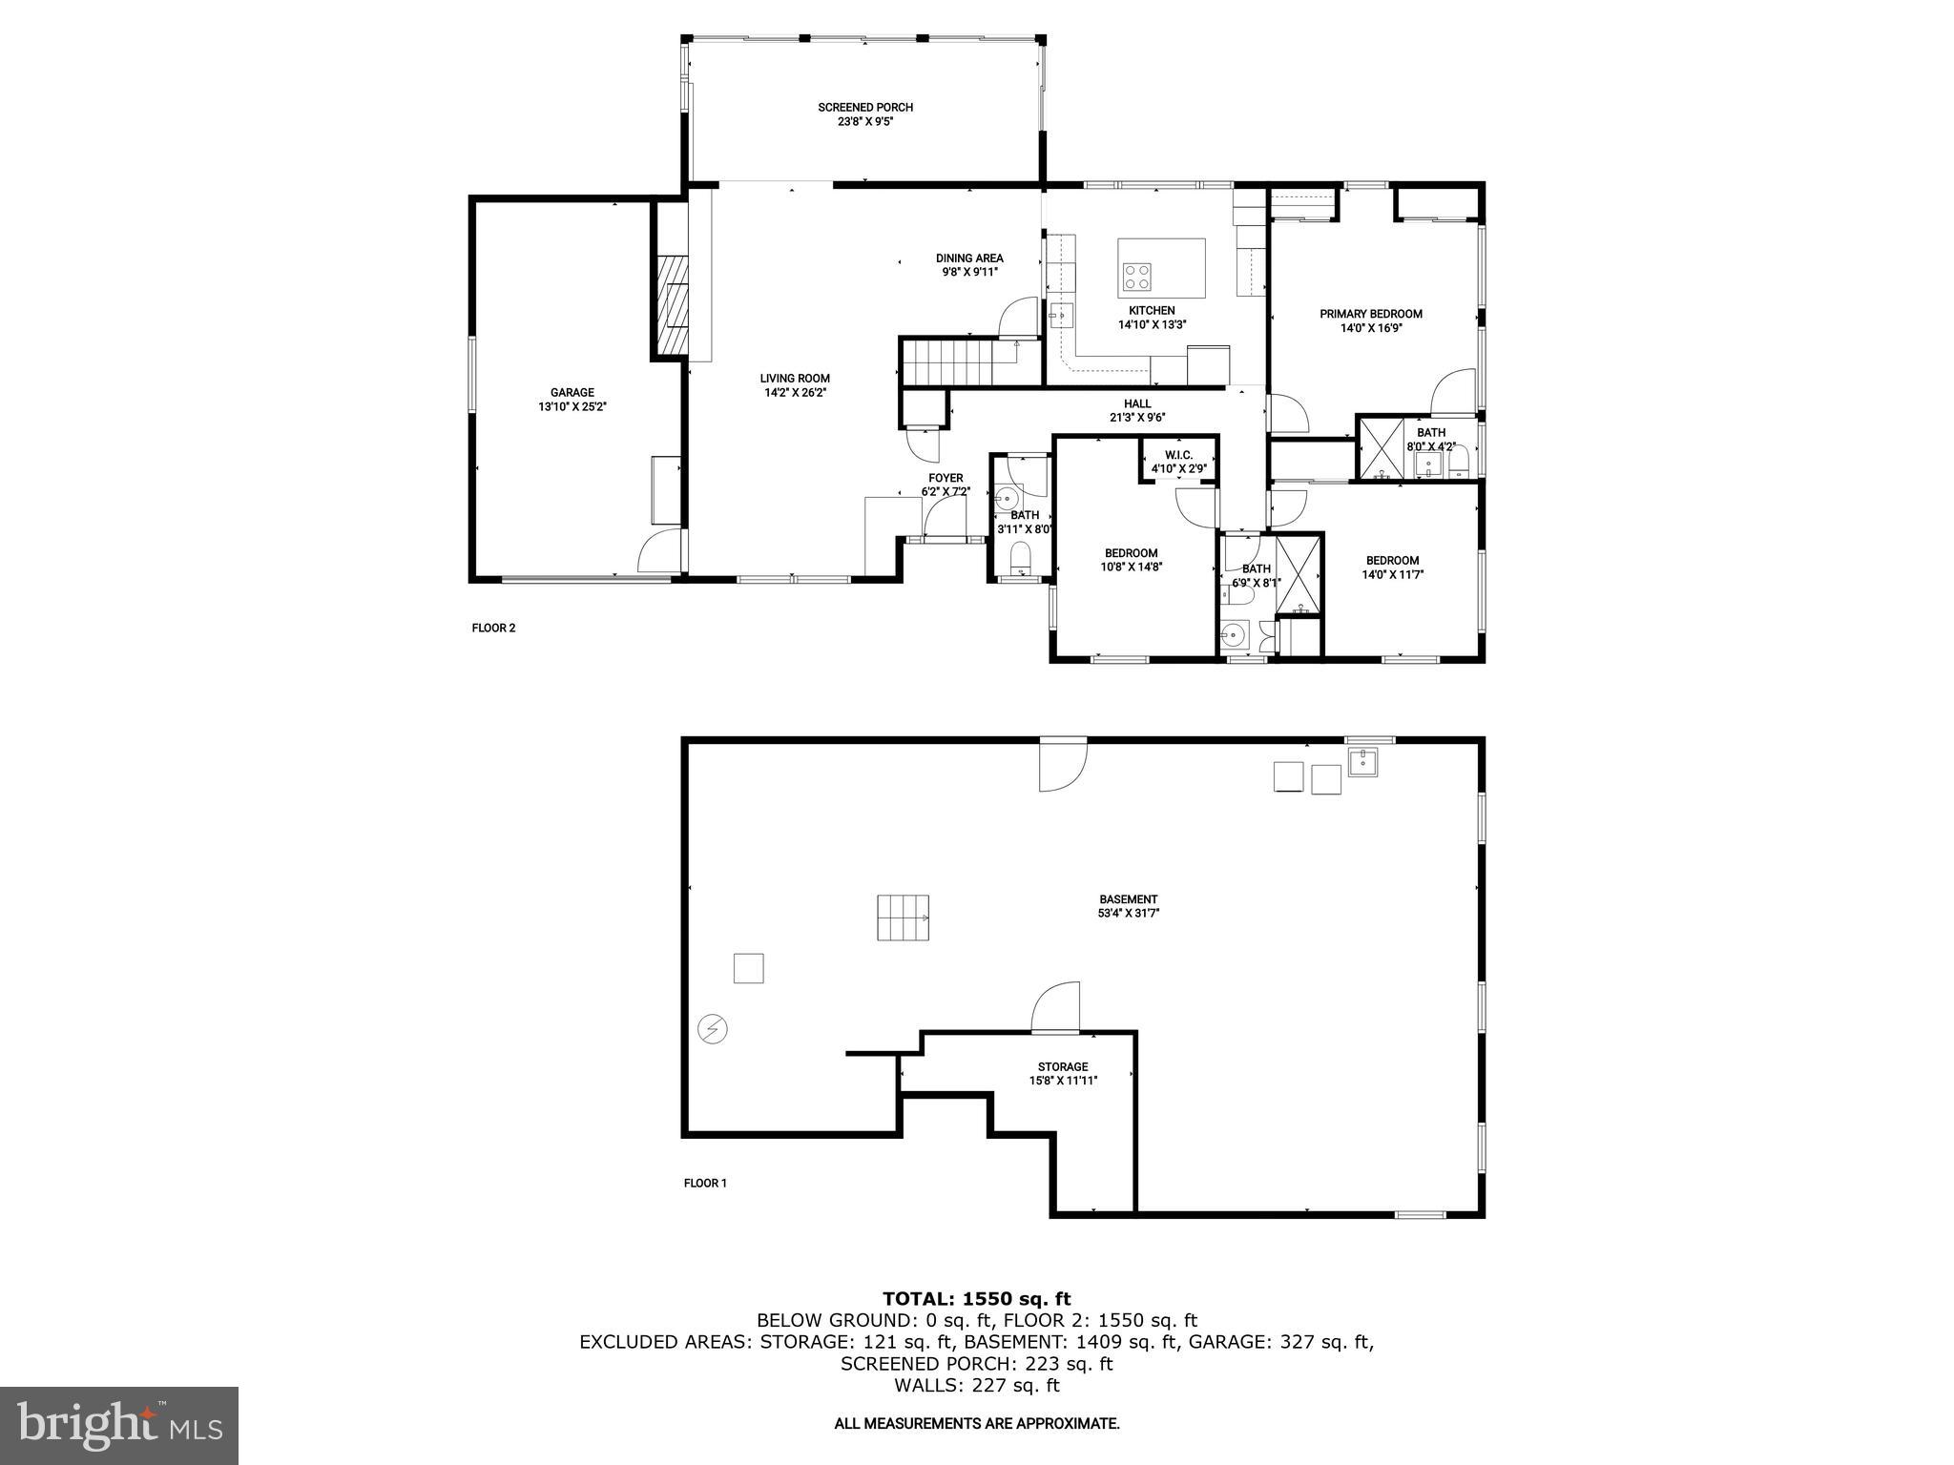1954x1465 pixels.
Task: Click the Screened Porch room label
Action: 864,108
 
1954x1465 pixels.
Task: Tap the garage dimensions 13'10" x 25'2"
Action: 572,406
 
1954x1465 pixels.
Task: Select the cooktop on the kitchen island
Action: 1136,277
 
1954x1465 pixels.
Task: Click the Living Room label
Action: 794,379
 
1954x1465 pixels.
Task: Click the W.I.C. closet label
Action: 1178,455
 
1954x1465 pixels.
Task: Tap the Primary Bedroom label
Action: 1370,314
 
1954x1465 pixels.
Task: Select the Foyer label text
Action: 946,478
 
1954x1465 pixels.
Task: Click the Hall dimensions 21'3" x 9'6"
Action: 1136,417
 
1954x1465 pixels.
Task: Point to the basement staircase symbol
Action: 903,918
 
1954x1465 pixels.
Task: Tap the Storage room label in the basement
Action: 1063,1067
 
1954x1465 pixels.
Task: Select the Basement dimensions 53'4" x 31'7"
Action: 1128,913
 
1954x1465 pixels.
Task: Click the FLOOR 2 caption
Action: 493,628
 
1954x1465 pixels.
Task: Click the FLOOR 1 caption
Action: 705,1183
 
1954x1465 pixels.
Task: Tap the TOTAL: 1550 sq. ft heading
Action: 976,1298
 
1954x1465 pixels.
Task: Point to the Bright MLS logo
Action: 119,1425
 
